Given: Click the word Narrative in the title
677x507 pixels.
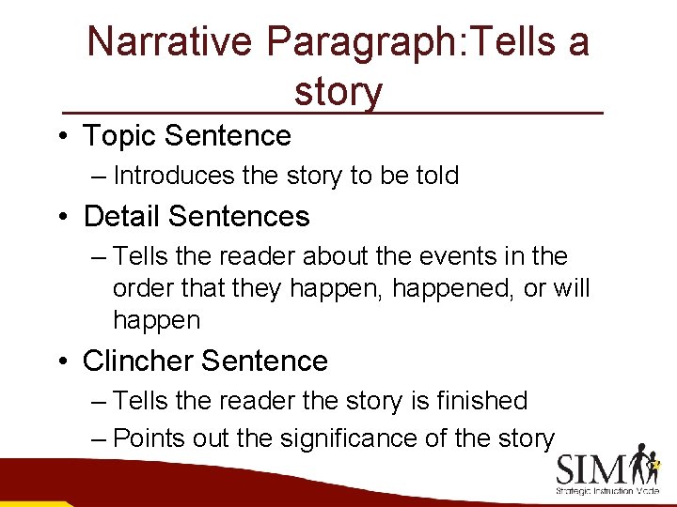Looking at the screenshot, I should [x=169, y=42].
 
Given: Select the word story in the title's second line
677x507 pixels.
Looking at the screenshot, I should [x=338, y=92].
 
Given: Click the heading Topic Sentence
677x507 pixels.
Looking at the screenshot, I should [x=187, y=136].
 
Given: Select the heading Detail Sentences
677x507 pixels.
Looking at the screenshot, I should [x=196, y=217].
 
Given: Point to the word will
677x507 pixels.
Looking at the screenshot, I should [x=572, y=288].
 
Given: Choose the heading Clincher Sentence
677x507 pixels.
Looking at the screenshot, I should [x=205, y=361].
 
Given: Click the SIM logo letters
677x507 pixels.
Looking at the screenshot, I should [x=595, y=467].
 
